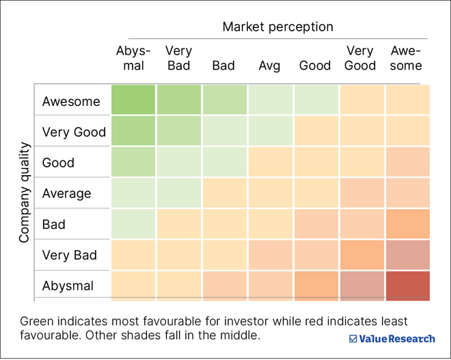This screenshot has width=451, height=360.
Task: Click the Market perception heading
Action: pyautogui.click(x=277, y=27)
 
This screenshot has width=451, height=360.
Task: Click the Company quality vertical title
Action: pyautogui.click(x=25, y=193)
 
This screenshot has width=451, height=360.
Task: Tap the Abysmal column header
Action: pyautogui.click(x=130, y=59)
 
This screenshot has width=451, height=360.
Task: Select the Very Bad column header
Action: pyautogui.click(x=178, y=59)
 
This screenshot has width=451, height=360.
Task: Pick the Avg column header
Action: pyautogui.click(x=269, y=66)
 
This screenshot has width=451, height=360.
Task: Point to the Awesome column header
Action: pyautogui.click(x=406, y=59)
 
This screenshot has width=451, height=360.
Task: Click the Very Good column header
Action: pyautogui.click(x=360, y=59)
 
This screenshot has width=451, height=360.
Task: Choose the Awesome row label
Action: pyautogui.click(x=71, y=102)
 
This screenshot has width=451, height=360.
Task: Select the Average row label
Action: pyautogui.click(x=66, y=193)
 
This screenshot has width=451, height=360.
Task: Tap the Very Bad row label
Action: pyautogui.click(x=70, y=255)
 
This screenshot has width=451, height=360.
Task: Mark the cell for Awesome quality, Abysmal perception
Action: pyautogui.click(x=133, y=100)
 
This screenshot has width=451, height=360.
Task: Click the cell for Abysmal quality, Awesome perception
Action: pyautogui.click(x=408, y=286)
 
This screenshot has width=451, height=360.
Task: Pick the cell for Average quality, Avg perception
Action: pyautogui.click(x=271, y=193)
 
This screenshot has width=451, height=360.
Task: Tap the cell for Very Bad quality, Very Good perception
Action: pyautogui.click(x=362, y=255)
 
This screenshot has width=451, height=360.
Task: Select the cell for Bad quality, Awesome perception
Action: pyautogui.click(x=408, y=223)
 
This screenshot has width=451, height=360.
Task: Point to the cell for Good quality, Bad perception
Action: pyautogui.click(x=224, y=162)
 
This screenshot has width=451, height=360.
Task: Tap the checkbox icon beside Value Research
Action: pyautogui.click(x=353, y=338)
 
